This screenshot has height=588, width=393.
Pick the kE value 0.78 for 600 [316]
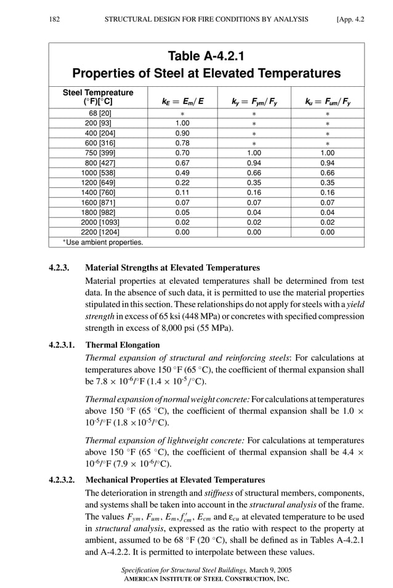tap(182, 143)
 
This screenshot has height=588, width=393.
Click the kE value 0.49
tap(182, 173)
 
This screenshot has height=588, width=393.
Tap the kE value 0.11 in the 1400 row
tap(182, 193)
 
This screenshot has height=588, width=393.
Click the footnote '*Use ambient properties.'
tap(103, 243)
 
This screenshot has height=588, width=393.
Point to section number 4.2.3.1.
tap(63, 345)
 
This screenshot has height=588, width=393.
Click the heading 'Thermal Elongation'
tap(123, 345)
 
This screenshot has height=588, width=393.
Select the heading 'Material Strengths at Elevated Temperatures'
tap(172, 268)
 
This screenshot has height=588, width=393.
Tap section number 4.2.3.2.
tap(63, 480)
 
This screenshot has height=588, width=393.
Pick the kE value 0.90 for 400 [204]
tap(182, 133)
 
